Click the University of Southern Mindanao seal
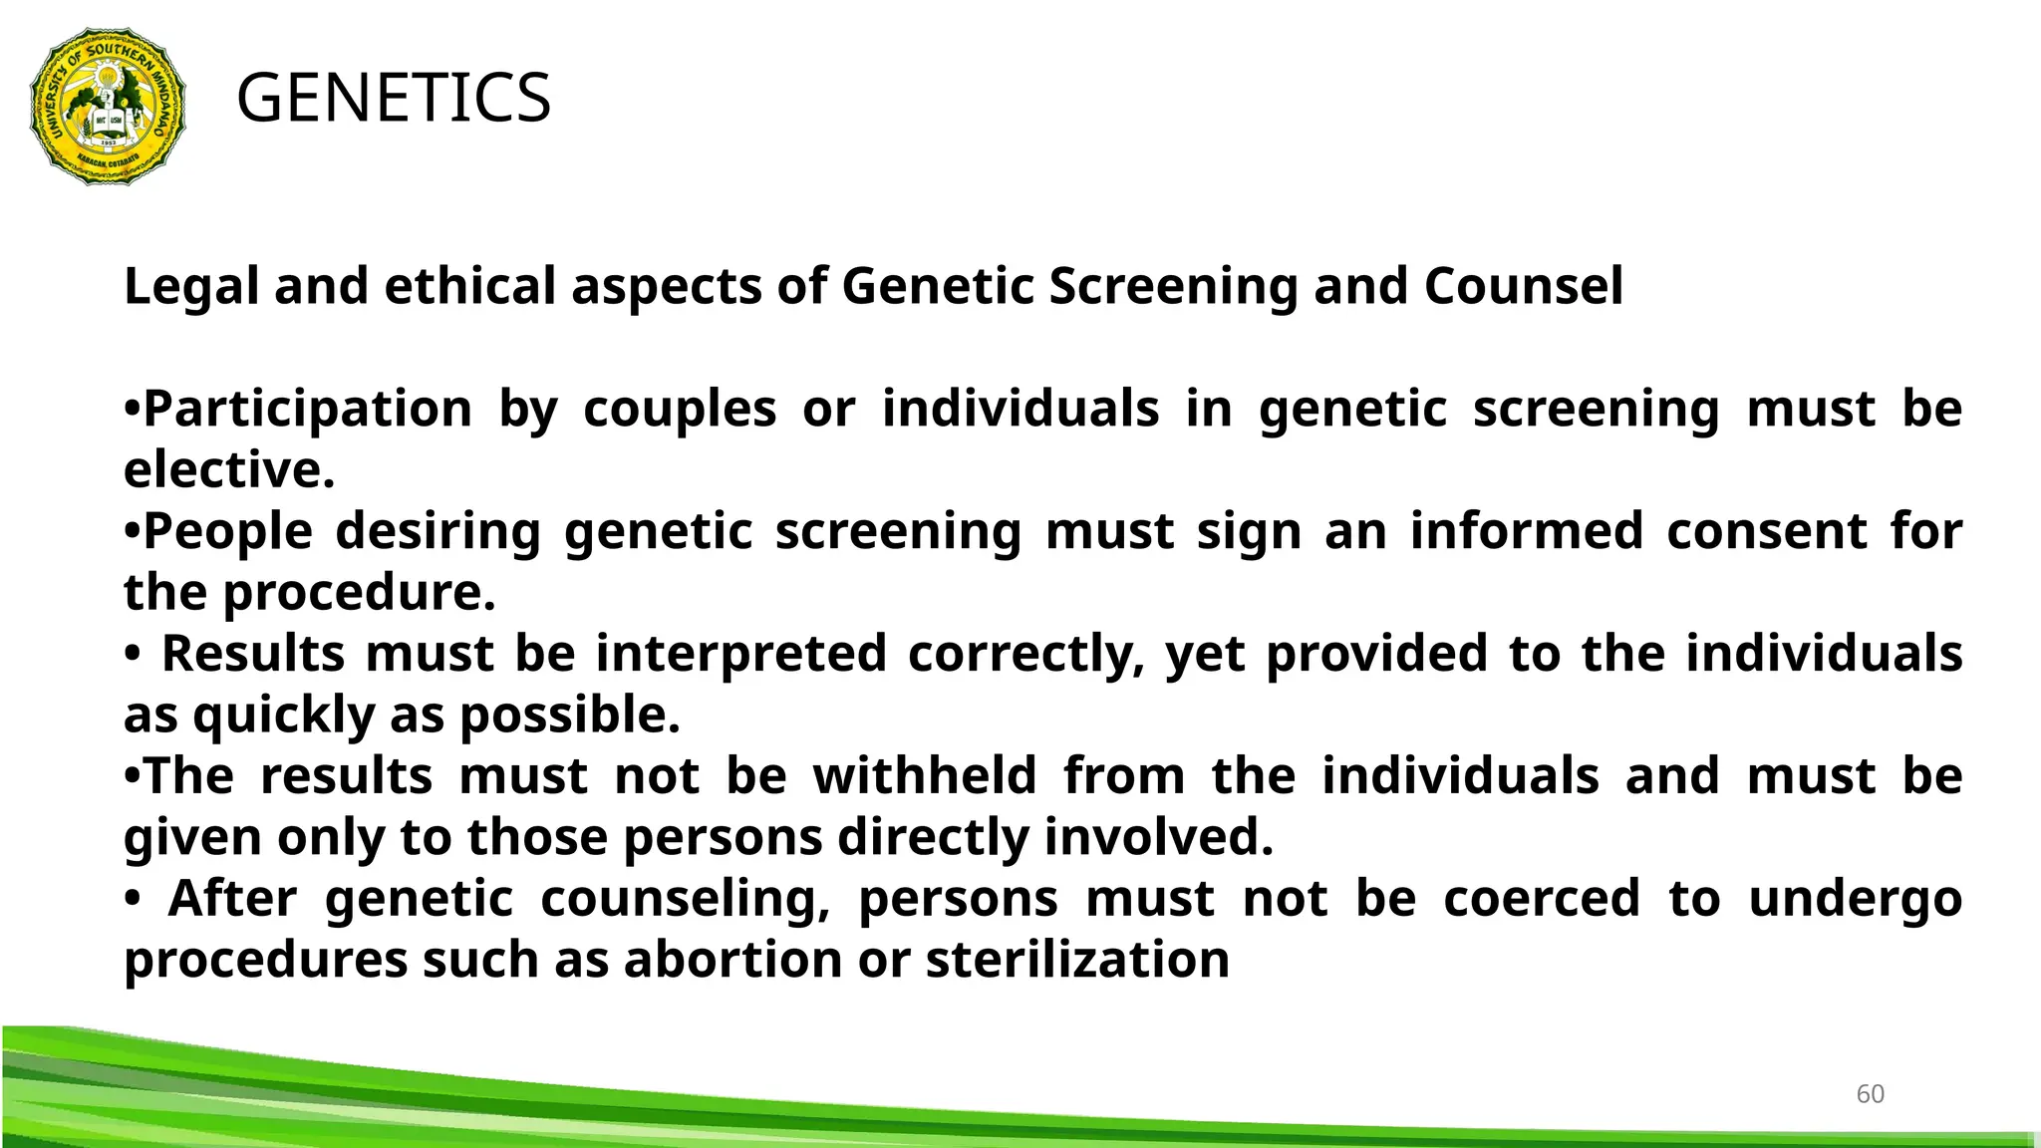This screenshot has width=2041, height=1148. point(108,106)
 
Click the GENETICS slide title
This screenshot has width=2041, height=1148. point(394,99)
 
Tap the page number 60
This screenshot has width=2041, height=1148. point(1870,1094)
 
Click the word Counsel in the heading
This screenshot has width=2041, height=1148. point(1524,287)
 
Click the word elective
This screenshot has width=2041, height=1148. point(228,470)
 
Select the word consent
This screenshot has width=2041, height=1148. point(1767,531)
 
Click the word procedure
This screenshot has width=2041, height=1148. point(359,594)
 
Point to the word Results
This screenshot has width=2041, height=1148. point(253,654)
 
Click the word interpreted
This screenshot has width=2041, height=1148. point(741,654)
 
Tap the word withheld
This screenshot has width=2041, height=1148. point(925,776)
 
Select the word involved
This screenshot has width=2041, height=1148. point(1158,838)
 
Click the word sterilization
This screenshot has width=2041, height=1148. point(1077,961)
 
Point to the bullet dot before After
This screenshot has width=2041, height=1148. point(133,900)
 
